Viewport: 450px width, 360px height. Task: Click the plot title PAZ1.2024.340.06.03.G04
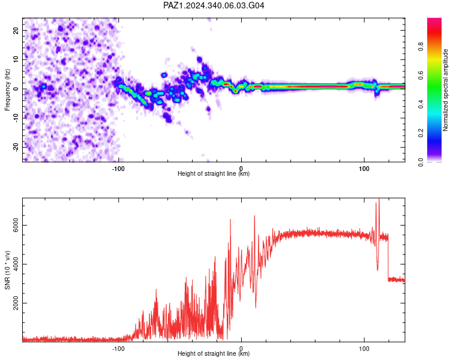click(x=214, y=5)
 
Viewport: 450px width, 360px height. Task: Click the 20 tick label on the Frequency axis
click(x=16, y=30)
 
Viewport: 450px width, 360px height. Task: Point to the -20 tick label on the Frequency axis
click(x=16, y=147)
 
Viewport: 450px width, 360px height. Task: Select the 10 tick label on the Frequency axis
click(x=16, y=59)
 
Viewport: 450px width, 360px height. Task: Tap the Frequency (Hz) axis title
click(x=7, y=90)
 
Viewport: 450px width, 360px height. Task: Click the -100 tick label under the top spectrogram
click(x=118, y=169)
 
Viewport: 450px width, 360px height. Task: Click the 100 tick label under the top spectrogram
click(x=364, y=169)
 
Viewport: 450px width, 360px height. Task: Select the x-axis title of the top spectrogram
click(x=214, y=173)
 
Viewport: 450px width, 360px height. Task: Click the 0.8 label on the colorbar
click(x=421, y=47)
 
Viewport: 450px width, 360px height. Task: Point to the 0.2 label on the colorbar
click(x=421, y=133)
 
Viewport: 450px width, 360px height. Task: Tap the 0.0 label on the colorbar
click(x=421, y=162)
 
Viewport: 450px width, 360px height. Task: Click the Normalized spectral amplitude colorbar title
click(x=445, y=90)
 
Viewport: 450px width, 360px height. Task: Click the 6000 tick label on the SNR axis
click(x=16, y=226)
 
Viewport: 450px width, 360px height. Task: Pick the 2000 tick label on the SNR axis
click(x=16, y=303)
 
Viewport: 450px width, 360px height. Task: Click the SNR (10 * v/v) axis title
click(x=7, y=270)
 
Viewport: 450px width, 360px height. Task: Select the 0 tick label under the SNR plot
click(x=241, y=348)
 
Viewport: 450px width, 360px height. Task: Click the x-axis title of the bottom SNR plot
click(x=214, y=353)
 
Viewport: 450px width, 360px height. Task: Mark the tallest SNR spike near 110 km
click(x=379, y=199)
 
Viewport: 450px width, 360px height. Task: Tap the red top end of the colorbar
click(x=434, y=20)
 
